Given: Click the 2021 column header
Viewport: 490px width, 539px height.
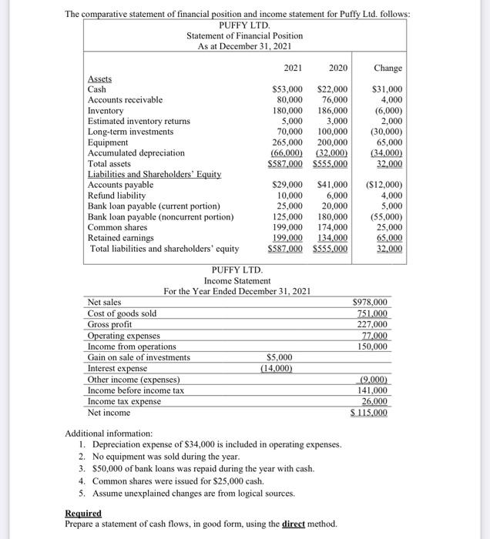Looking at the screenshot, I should coord(293,69).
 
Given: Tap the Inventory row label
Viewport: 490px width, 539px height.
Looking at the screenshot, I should coord(106,111).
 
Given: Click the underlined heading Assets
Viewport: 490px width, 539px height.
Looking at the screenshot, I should coord(99,79).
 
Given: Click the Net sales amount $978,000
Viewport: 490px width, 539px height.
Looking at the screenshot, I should coord(370,303).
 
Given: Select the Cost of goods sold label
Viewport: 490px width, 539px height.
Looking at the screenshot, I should coord(123,313).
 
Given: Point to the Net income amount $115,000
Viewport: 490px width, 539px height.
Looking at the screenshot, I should coord(369,413).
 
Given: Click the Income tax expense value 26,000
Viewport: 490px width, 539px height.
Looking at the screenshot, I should coord(373,401).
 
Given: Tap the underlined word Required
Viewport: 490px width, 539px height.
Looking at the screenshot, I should coord(83,513).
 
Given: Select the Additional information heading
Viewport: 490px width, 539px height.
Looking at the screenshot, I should coord(109,434).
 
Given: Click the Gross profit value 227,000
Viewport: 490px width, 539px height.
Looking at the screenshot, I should coord(371,324).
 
